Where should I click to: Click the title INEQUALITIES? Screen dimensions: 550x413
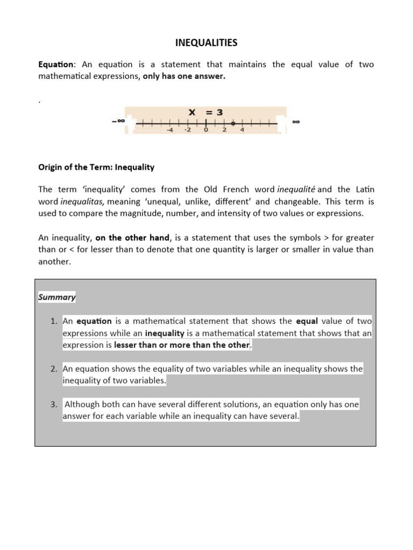(206, 42)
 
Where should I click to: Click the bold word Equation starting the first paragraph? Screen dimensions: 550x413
(54, 64)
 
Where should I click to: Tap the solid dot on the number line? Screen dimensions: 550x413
(233, 123)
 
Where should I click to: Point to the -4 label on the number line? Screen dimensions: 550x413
(169, 129)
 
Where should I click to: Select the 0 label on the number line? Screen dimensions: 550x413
(206, 129)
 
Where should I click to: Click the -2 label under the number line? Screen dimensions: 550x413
(187, 129)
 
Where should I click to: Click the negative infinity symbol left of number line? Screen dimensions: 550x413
(118, 121)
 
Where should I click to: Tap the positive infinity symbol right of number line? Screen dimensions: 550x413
(296, 122)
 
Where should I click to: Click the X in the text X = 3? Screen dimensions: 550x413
(191, 112)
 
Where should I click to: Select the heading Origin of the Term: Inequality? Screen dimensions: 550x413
(96, 167)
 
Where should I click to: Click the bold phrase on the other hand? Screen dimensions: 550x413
(132, 237)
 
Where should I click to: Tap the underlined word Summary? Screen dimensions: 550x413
(57, 297)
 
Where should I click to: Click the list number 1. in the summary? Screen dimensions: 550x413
(54, 321)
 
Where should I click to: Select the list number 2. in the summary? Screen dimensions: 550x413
(54, 369)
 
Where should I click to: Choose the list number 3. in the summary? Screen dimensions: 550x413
(54, 404)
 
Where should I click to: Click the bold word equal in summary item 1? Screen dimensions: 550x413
(307, 321)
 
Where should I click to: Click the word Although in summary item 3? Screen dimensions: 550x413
(83, 404)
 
